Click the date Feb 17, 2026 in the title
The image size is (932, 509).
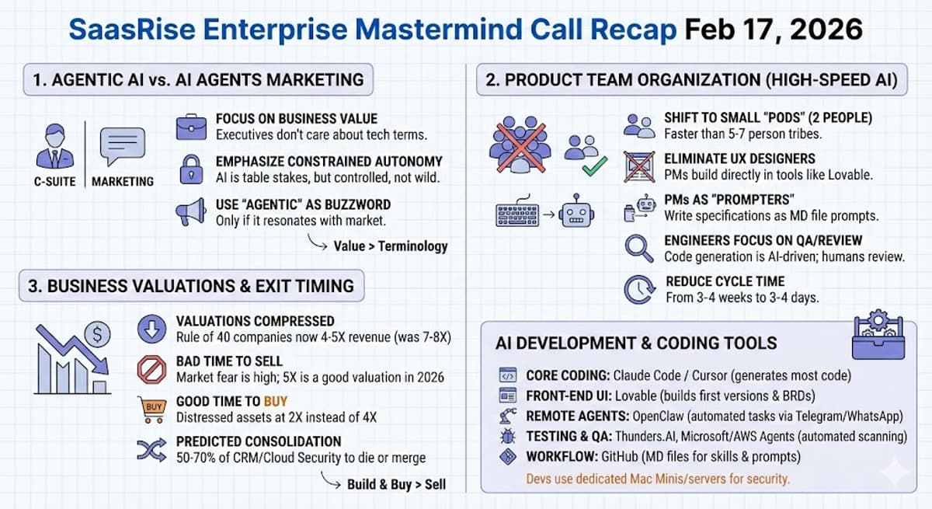(x=774, y=30)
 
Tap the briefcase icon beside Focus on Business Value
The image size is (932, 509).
(x=191, y=127)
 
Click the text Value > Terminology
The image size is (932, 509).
(x=391, y=246)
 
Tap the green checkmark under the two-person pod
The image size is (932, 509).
(x=594, y=166)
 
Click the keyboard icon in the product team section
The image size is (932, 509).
(x=517, y=214)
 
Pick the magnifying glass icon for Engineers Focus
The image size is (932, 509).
(x=639, y=248)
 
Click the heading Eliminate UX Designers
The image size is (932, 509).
(x=739, y=159)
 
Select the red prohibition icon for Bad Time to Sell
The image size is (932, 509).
(x=151, y=369)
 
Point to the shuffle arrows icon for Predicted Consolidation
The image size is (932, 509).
(x=151, y=449)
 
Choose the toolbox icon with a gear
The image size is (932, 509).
(x=878, y=336)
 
